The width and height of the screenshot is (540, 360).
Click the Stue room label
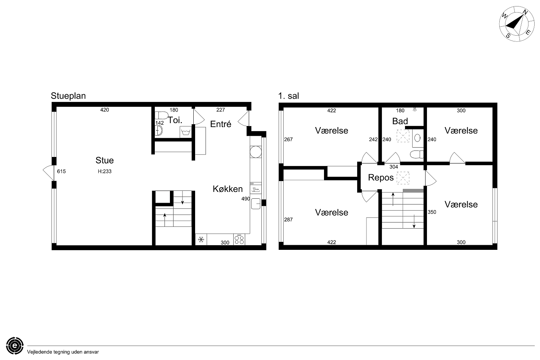coord(104,160)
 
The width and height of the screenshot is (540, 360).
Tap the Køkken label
coord(228,189)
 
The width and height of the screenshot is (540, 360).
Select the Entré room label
coord(221,124)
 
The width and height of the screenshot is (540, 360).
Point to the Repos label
coord(381,178)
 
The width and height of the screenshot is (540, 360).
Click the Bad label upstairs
coord(400,121)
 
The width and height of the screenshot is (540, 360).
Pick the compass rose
coord(516,24)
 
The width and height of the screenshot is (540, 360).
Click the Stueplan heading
coord(68,96)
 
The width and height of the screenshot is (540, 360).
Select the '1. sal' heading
coord(288,96)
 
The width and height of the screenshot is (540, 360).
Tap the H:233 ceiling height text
coord(105,171)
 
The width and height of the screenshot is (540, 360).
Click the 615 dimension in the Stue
coord(61,171)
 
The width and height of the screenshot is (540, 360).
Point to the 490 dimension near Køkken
coord(246,199)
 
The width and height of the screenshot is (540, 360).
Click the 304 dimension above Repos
coord(394,167)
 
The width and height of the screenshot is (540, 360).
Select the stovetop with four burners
coord(239,239)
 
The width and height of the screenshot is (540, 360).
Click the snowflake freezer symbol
coord(201,240)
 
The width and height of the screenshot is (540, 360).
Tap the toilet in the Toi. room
coord(161,115)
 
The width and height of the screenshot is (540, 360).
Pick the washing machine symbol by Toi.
coord(186,132)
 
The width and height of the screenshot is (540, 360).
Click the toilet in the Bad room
coord(417,154)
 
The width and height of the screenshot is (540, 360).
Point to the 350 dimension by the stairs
coord(432,212)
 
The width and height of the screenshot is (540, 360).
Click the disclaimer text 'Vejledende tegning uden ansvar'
coord(63,352)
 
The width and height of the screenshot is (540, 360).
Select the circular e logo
coord(15,346)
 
